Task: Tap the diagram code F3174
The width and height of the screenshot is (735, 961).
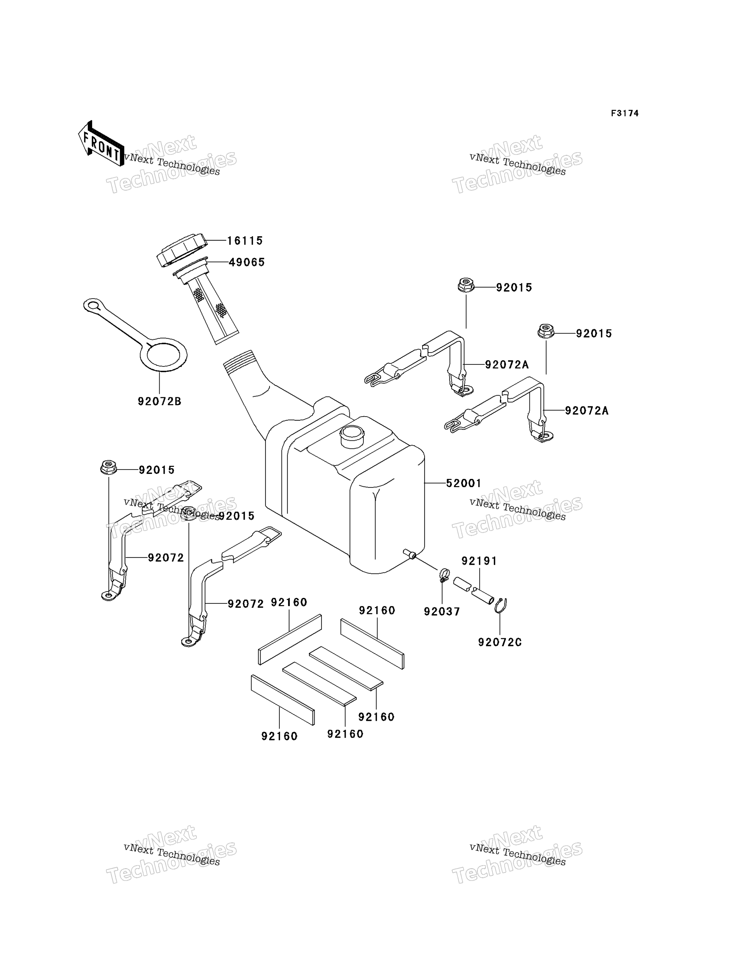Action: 624,114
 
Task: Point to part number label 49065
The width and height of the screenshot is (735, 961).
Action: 246,262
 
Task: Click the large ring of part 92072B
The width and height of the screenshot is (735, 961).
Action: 166,354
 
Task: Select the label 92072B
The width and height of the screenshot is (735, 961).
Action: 159,401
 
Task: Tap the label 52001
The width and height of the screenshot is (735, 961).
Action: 463,483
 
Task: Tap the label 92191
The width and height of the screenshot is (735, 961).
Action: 479,561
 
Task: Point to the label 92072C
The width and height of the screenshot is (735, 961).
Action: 500,643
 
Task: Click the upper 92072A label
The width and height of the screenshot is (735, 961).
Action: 507,364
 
